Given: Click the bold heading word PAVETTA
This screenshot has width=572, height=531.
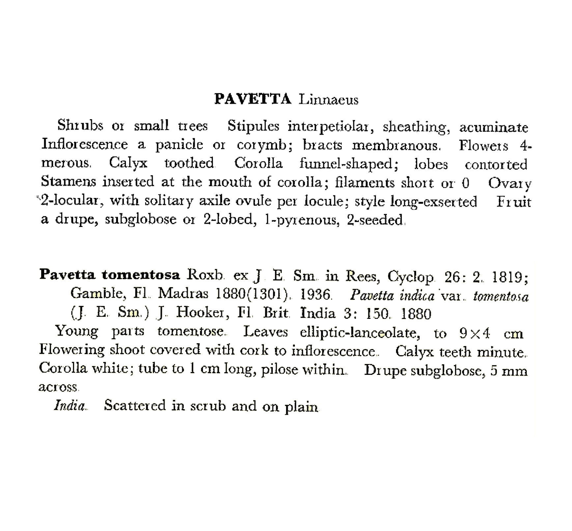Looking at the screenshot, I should (253, 99).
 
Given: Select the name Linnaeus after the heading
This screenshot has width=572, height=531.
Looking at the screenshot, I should (329, 99).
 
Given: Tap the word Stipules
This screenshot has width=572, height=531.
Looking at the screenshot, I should (253, 126).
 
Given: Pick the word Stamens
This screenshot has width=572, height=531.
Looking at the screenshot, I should (68, 182).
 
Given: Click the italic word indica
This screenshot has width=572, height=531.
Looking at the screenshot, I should (417, 295).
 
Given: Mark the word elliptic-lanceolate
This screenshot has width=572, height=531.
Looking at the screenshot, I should (360, 333).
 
